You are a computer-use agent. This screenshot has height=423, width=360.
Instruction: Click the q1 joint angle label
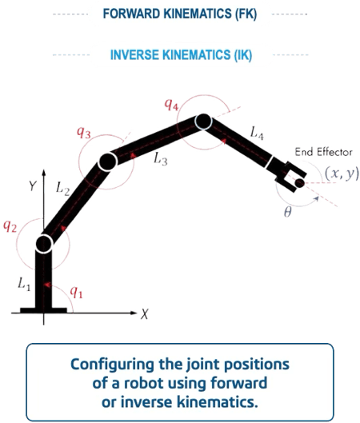tap(76, 293)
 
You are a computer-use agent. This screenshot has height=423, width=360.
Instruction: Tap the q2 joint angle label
tap(10, 226)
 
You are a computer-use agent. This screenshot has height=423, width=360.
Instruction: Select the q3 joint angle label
tap(84, 133)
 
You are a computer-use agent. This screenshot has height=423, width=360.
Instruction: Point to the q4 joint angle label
tap(171, 105)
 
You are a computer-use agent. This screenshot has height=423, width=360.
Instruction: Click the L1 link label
tap(24, 285)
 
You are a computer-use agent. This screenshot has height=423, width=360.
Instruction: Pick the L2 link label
tap(63, 188)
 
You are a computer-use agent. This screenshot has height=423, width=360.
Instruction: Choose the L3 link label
tap(161, 158)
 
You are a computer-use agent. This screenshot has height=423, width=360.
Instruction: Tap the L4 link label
tap(257, 133)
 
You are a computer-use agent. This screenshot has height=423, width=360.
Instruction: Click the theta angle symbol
tap(288, 213)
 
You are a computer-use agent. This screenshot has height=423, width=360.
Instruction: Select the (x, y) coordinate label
tap(342, 174)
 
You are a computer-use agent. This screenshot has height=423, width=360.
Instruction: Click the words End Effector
tap(323, 152)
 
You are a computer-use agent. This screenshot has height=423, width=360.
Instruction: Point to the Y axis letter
tap(33, 186)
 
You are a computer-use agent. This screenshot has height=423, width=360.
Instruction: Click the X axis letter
tap(144, 314)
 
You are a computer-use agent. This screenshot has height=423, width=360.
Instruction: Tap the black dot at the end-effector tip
tap(299, 183)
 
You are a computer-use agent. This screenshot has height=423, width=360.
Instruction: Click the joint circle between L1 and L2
tap(44, 244)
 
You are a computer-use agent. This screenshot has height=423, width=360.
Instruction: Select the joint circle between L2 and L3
tap(108, 162)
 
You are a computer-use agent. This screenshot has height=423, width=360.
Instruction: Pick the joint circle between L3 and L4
tap(203, 122)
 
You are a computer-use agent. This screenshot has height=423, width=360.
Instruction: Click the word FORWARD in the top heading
tap(131, 14)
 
